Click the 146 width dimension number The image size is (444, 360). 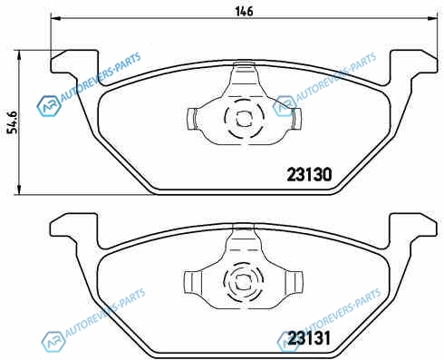coord(244,12)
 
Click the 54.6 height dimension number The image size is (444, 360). coord(13,122)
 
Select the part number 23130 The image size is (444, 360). coord(309,174)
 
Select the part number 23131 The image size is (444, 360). coord(309,338)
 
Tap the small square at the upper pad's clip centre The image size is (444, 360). coord(244,119)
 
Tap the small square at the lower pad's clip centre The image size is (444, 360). coord(243,283)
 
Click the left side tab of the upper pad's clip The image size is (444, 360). coord(192,119)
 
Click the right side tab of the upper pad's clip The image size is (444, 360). coord(296,118)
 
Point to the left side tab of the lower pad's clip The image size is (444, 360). coord(192,282)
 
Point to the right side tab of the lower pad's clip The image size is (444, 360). coord(294,282)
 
